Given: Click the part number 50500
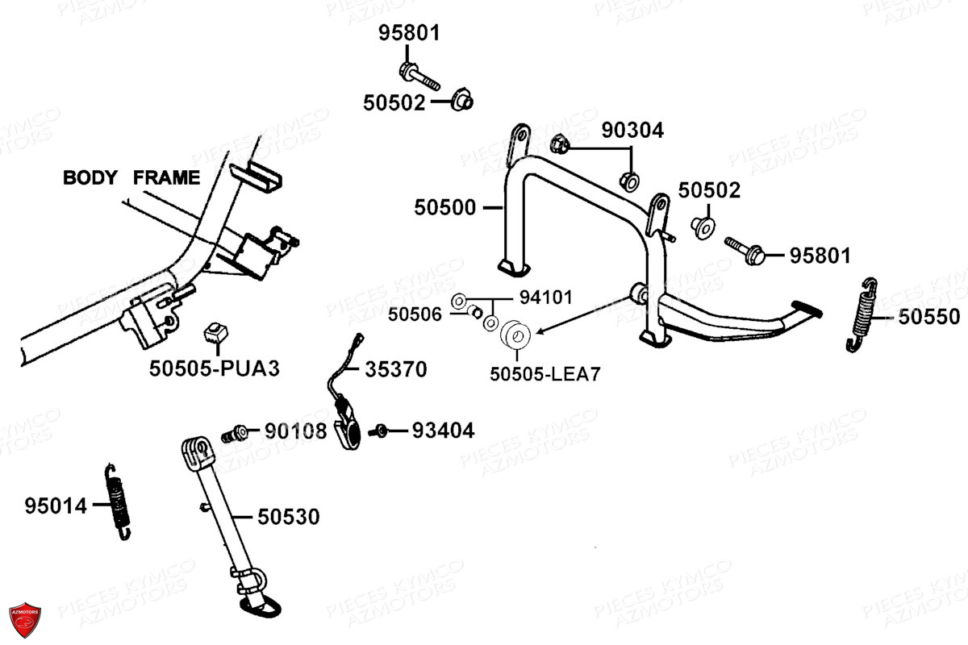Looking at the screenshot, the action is point(444,208).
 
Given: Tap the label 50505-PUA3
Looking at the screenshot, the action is point(215,368).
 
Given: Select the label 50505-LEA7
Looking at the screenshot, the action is point(545,374).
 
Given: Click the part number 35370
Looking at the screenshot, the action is point(396,369).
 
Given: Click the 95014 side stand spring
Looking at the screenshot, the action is point(118,502).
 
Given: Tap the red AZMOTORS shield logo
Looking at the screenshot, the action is point(25,620).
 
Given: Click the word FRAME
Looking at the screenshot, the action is point(166,177).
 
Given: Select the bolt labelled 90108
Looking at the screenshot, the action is point(235,433).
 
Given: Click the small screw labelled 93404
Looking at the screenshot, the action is point(378,431).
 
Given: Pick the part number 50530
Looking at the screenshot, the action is point(289,517).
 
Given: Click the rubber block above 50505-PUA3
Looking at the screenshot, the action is point(215,333).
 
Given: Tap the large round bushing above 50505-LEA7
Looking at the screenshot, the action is point(515,335).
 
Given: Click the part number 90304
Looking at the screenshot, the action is point(632,131).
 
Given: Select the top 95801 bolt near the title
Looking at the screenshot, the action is point(419,77).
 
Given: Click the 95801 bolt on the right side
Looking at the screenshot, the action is point(745,251).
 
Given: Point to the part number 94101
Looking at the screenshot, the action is point(546,298).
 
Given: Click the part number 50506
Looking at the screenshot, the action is point(415,315).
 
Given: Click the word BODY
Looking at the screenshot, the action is point(90,177).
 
